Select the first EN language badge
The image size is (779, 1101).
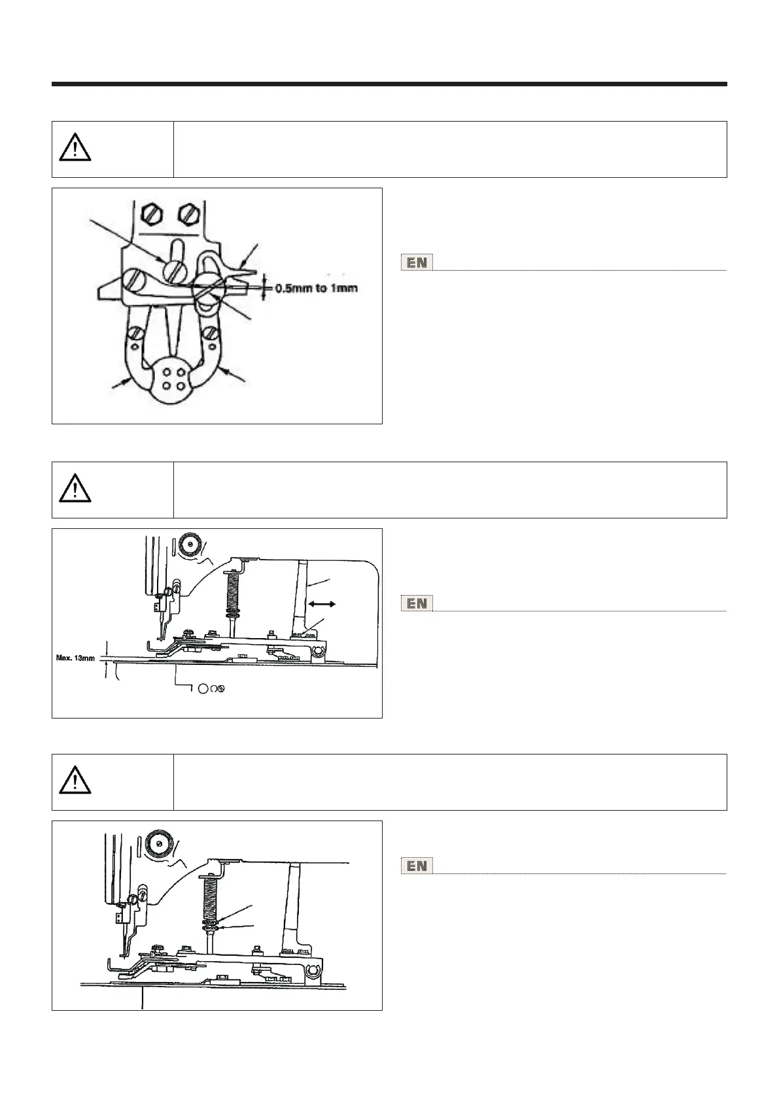[x=417, y=263]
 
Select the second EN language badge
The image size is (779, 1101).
[x=417, y=604]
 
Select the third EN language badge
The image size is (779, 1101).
[x=417, y=866]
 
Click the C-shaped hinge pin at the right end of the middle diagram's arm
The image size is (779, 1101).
[x=319, y=652]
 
